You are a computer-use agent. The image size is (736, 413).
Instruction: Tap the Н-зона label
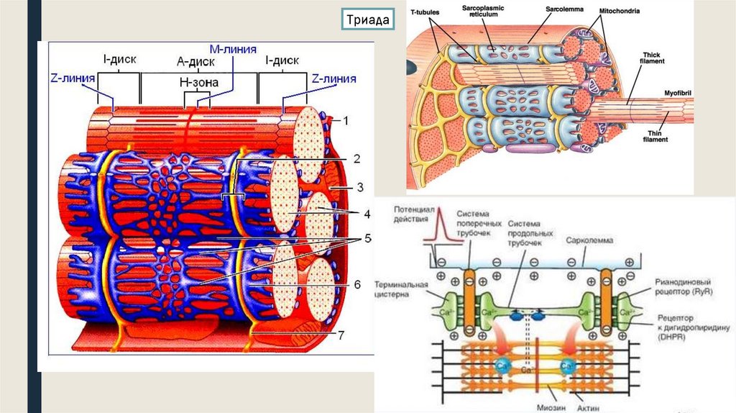click(x=197, y=83)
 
